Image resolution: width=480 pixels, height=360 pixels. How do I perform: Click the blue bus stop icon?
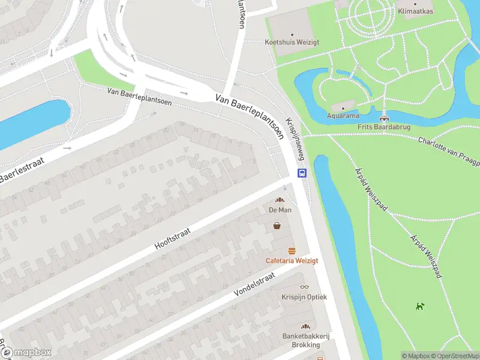[x=302, y=173]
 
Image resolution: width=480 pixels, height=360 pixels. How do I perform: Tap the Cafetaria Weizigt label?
[x=292, y=260]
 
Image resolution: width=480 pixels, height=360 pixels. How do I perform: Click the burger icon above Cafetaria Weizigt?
[x=292, y=251]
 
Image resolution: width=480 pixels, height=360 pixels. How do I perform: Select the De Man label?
[x=280, y=210]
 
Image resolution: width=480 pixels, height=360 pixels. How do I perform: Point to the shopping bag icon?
[x=277, y=226]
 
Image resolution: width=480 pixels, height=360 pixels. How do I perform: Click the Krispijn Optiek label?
[x=304, y=296]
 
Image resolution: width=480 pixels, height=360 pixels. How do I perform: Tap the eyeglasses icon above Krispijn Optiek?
[x=304, y=287]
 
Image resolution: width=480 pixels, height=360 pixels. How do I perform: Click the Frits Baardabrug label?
[x=383, y=127]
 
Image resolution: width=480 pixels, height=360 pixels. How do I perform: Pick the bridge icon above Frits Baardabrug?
[x=383, y=118]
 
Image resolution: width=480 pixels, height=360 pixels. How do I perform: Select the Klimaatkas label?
[x=416, y=11]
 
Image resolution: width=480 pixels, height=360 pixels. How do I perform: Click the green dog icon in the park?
[x=420, y=307]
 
